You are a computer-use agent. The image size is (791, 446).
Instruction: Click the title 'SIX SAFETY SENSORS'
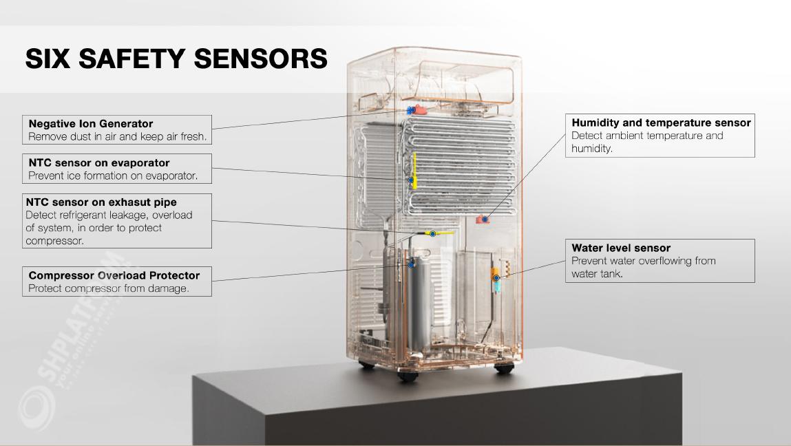point(176,59)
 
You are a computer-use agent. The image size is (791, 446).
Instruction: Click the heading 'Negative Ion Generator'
point(91,124)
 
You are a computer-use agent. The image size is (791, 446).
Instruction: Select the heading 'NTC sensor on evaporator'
point(99,163)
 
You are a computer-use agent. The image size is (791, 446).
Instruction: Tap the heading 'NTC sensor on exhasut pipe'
point(101,202)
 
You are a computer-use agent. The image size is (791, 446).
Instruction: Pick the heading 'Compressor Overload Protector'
point(114,275)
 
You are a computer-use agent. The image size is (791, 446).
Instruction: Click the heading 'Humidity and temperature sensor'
point(661,123)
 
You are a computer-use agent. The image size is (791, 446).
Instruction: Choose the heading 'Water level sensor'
point(621,248)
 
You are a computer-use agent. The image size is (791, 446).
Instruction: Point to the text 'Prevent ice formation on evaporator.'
point(113,176)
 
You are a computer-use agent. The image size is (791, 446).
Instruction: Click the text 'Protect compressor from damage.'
point(109,288)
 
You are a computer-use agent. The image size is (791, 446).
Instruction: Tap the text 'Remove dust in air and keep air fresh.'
point(117,137)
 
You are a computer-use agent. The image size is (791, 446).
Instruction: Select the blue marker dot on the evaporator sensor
point(412,180)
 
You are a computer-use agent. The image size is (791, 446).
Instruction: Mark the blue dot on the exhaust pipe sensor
point(432,234)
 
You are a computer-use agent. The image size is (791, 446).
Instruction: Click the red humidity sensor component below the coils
point(482,220)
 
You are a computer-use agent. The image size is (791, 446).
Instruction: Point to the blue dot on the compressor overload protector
point(412,264)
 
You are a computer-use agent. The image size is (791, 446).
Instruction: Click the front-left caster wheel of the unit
point(406,376)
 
